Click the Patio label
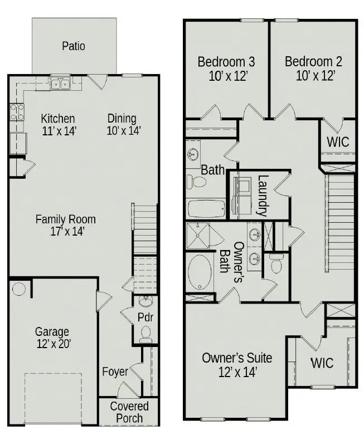pyautogui.click(x=73, y=46)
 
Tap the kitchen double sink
pyautogui.click(x=60, y=83)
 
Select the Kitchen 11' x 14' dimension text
pyautogui.click(x=59, y=131)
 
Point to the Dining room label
pyautogui.click(x=122, y=119)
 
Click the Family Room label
pyautogui.click(x=66, y=219)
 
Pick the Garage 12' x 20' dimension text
pyautogui.click(x=54, y=344)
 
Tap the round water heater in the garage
pyautogui.click(x=19, y=289)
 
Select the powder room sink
pyautogui.click(x=145, y=301)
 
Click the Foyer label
pyautogui.click(x=115, y=372)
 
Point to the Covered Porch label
pyautogui.click(x=129, y=412)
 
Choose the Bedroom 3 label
pyautogui.click(x=226, y=61)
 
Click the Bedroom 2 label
pyautogui.click(x=313, y=61)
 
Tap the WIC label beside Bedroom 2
pyautogui.click(x=338, y=142)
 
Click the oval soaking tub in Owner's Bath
pyautogui.click(x=200, y=272)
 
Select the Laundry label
pyautogui.click(x=262, y=196)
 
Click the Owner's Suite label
pyautogui.click(x=237, y=358)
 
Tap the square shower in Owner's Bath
pyautogui.click(x=198, y=236)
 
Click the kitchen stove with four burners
pyautogui.click(x=17, y=113)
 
